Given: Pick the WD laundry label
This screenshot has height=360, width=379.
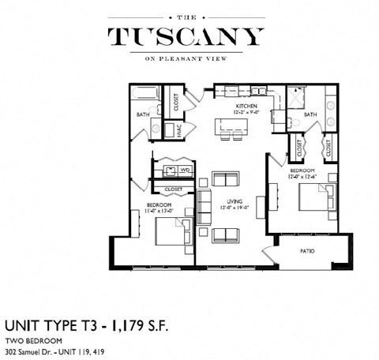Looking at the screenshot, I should coord(185,169).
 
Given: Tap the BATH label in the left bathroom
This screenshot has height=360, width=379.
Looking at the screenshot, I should coord(142,115).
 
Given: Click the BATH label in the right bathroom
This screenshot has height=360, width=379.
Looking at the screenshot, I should coord(310,115).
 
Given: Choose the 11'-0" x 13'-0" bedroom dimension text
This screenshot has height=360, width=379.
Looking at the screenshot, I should coord(160,211).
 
